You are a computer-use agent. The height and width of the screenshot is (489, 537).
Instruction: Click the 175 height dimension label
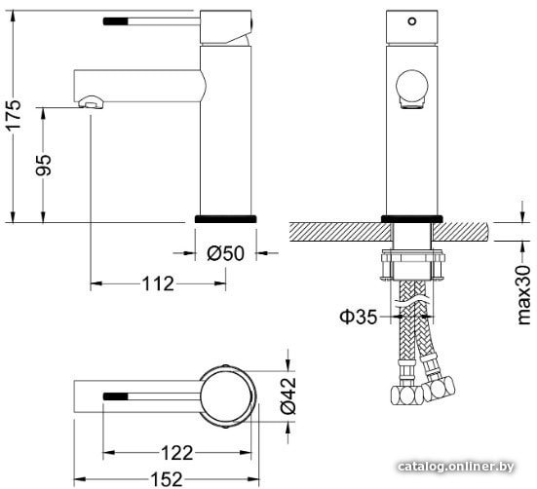[14, 115]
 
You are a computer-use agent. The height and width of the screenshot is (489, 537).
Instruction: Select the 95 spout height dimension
[44, 166]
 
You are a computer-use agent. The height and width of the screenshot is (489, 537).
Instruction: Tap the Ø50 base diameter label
[226, 253]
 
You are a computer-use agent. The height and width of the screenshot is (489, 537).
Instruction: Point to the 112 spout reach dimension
[158, 283]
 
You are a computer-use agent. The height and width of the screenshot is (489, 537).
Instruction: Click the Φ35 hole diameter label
[359, 317]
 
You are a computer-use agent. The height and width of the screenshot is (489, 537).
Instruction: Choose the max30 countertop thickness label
[524, 294]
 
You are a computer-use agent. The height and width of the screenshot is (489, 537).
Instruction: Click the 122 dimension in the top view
[177, 453]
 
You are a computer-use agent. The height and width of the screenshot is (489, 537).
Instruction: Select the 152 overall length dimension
[167, 479]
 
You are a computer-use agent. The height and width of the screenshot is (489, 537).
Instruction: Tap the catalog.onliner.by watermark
[456, 467]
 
